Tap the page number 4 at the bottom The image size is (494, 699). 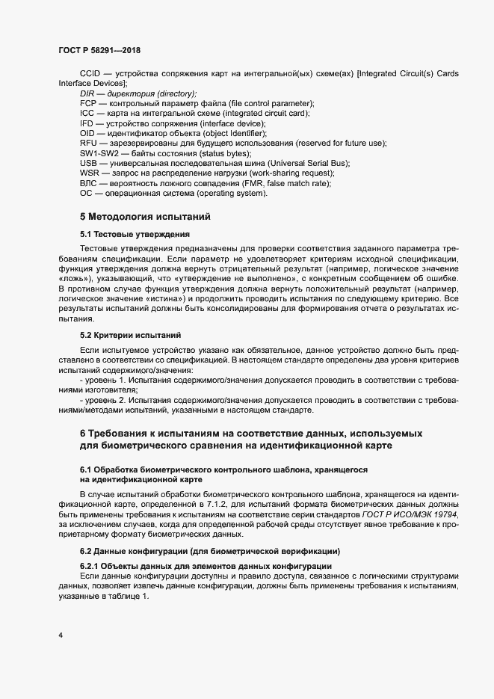click(60, 635)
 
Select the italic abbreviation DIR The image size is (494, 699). click(88, 93)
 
